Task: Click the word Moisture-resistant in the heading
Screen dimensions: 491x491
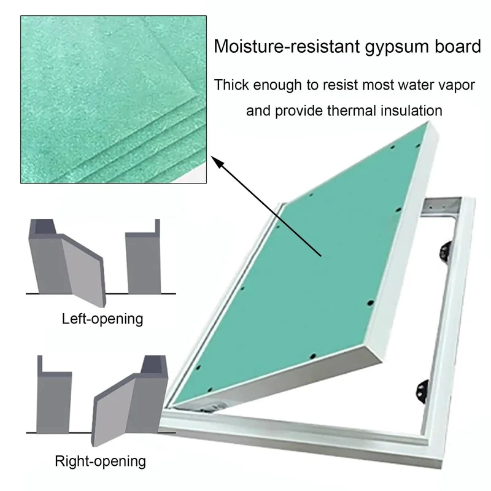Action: click(x=287, y=47)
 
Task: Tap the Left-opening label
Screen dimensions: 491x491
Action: click(x=102, y=319)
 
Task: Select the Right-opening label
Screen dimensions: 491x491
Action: click(x=100, y=462)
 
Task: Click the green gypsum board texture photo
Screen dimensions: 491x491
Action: click(x=114, y=99)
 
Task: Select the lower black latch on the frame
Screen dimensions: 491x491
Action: click(x=423, y=392)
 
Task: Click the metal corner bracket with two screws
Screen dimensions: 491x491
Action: click(x=441, y=206)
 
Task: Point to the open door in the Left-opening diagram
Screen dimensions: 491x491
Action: click(x=83, y=270)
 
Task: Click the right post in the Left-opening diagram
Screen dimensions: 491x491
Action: click(x=144, y=257)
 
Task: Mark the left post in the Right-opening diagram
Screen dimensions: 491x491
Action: click(x=54, y=395)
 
